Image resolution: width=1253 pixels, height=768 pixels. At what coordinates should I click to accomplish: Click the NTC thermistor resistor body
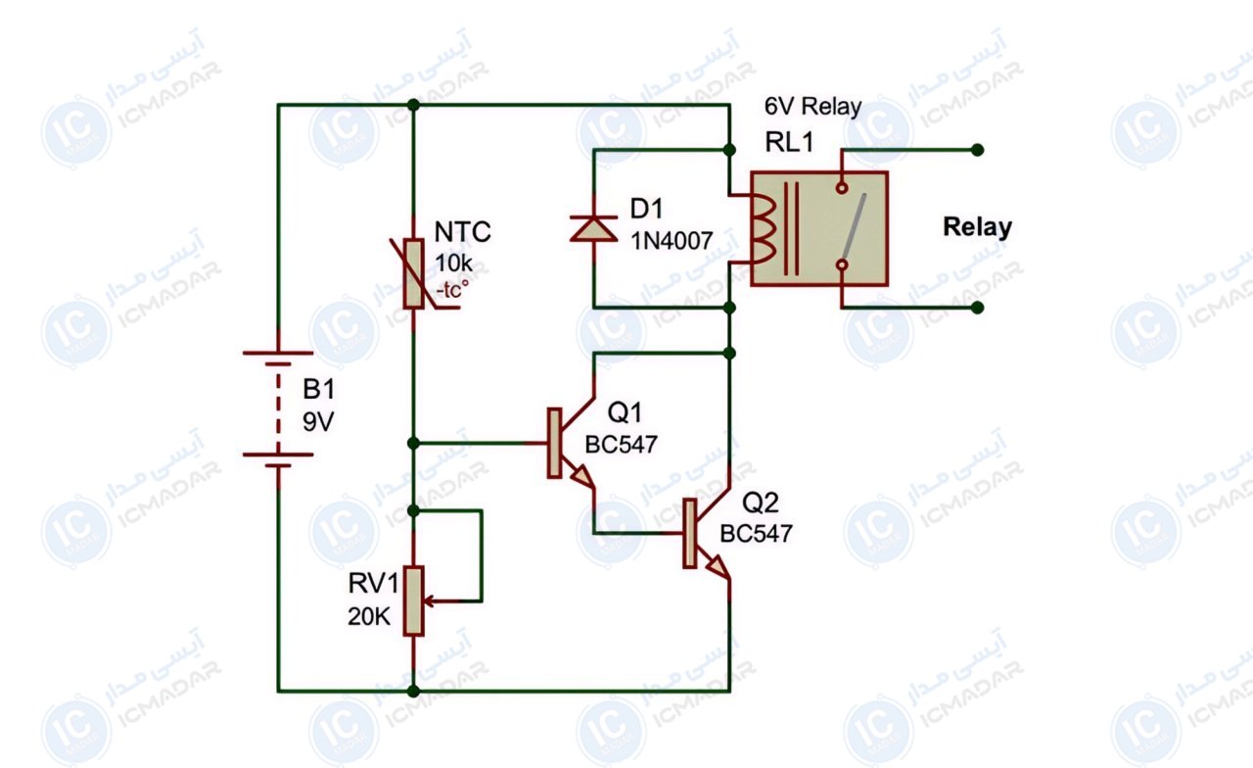tap(413, 273)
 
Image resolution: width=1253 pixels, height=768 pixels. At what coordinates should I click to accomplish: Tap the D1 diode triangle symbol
tap(593, 229)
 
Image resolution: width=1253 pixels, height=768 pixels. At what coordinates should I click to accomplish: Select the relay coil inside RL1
tap(764, 229)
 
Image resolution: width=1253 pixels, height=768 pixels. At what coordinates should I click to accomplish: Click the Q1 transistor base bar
tap(554, 443)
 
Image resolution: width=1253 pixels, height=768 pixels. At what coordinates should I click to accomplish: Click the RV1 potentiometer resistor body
tap(413, 600)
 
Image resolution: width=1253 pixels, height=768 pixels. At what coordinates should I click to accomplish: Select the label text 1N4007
tap(672, 241)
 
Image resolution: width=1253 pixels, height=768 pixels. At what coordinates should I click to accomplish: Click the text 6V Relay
tap(812, 107)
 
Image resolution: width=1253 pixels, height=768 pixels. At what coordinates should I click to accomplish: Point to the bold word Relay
tap(977, 226)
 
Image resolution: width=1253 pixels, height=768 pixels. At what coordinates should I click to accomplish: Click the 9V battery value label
tap(318, 421)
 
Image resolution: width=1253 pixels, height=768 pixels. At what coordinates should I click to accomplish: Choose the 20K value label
tap(369, 616)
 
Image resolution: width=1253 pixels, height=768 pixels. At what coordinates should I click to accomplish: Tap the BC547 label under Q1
tap(621, 445)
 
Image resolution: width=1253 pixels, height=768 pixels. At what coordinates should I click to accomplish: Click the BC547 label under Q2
tap(756, 534)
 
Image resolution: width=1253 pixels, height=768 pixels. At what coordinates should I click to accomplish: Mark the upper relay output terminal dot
tap(977, 150)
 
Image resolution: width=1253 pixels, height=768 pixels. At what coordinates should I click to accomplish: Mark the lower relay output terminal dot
tap(977, 308)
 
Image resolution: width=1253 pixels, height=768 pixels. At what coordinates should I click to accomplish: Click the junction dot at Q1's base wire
tap(413, 444)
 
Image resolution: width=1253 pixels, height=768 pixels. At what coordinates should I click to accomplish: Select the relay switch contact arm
tap(855, 225)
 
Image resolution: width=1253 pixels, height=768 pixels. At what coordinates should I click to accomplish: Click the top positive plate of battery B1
tap(278, 354)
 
